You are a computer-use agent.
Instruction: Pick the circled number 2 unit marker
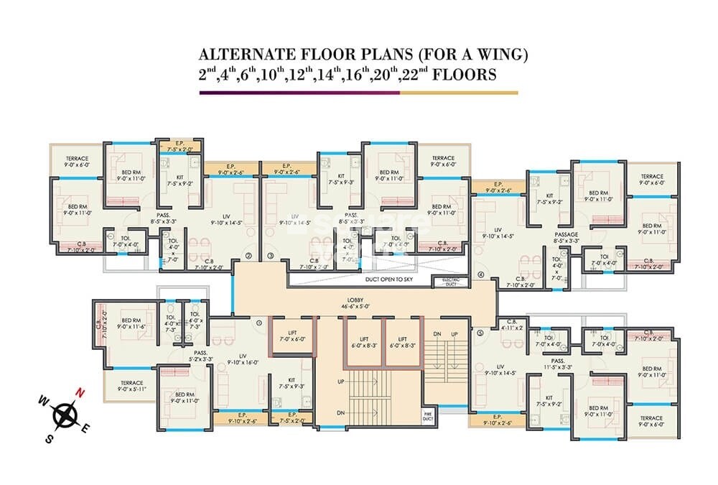[x=248, y=255]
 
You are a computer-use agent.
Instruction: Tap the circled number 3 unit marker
[x=271, y=255]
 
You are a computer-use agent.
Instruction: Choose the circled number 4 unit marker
[x=480, y=275]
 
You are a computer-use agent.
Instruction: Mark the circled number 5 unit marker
[x=479, y=332]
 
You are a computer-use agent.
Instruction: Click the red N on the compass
[x=82, y=392]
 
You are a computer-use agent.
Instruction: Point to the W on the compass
[x=42, y=399]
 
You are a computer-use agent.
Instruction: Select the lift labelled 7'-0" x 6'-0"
[x=293, y=334]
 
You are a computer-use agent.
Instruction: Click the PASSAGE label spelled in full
[x=567, y=234]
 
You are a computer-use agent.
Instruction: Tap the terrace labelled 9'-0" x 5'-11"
[x=131, y=387]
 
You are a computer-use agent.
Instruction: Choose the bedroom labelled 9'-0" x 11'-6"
[x=131, y=325]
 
